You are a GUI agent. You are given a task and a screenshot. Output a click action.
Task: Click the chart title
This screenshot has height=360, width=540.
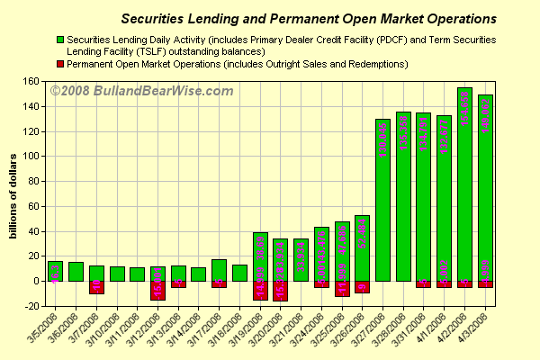[308, 18]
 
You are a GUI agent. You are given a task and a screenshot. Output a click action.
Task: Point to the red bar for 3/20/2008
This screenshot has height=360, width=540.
[280, 290]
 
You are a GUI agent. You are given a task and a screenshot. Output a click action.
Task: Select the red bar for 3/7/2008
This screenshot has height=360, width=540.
[96, 287]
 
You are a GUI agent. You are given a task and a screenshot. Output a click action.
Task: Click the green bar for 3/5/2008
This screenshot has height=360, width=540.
[56, 271]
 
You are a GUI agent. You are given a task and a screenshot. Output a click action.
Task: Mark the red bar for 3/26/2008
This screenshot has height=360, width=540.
[362, 286]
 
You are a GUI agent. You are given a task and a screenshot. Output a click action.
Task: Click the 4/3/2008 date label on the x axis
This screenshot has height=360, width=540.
[479, 330]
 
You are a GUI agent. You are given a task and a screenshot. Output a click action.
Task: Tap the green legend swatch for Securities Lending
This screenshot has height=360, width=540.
[59, 40]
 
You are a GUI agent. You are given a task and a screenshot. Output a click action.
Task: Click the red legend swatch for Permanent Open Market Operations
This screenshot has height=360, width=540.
[59, 64]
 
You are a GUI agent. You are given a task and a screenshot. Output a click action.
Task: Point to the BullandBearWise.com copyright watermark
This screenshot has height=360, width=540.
[141, 91]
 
